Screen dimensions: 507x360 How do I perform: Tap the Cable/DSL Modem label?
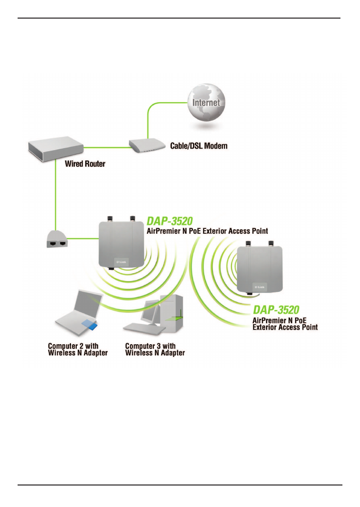199,146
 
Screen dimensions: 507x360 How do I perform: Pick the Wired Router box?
55,147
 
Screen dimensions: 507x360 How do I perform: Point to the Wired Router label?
85,164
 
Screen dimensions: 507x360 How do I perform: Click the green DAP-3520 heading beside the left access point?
169,221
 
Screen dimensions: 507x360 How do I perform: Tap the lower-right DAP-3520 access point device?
259,268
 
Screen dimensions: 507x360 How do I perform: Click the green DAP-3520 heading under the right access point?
276,309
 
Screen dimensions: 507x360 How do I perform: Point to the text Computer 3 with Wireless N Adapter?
155,349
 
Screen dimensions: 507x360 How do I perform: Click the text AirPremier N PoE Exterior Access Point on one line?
207,231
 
